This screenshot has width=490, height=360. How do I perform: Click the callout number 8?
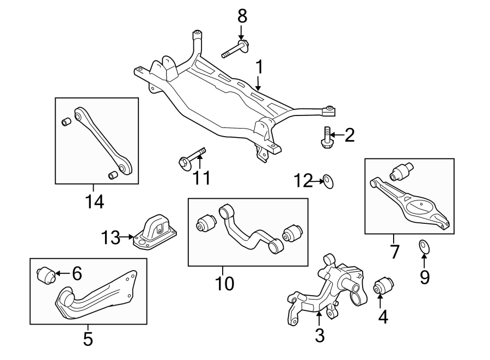[242, 16]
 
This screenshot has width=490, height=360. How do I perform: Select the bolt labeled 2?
[327, 137]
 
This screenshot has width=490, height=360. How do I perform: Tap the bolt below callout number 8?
[235, 50]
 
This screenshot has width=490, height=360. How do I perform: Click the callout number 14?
[94, 202]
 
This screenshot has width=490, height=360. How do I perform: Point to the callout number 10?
[224, 283]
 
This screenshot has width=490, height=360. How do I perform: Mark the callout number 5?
[88, 339]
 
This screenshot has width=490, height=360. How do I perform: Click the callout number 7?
[394, 252]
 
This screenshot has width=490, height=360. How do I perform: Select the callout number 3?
[320, 335]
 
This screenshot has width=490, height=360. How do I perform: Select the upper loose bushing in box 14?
[66, 121]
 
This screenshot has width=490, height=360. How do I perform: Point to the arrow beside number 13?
[127, 237]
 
